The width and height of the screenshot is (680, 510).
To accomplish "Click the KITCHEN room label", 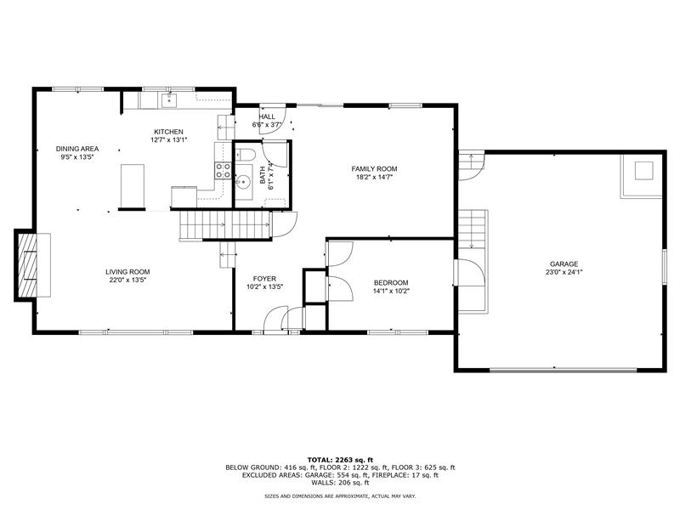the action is [x=168, y=132].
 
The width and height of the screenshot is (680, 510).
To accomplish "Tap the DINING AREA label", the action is [x=77, y=149].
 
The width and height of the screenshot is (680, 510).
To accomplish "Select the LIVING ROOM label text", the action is [x=127, y=272].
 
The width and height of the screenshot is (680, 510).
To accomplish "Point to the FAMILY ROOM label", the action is [x=374, y=168].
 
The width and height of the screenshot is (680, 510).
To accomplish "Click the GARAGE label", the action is [x=564, y=263].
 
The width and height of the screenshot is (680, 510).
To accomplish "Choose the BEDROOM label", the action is [x=391, y=283].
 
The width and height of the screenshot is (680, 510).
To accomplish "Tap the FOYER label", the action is [x=264, y=279].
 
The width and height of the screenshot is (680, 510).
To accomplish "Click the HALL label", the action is [x=267, y=116].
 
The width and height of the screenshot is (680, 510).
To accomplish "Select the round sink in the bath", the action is [x=244, y=182].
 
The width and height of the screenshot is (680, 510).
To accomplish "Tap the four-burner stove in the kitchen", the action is [x=223, y=170].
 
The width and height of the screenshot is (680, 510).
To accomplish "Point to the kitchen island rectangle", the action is [x=133, y=186].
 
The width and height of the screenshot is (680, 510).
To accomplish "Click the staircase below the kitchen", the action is [x=225, y=224].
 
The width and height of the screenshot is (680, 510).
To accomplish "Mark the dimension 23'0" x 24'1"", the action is [x=564, y=272].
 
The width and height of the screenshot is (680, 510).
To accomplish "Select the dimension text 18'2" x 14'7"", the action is [x=374, y=177].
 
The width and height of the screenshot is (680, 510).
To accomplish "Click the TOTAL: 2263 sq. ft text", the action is [x=340, y=460].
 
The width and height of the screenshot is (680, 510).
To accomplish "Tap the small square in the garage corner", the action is [x=643, y=171].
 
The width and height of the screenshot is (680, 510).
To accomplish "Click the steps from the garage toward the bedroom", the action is [x=472, y=229].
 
